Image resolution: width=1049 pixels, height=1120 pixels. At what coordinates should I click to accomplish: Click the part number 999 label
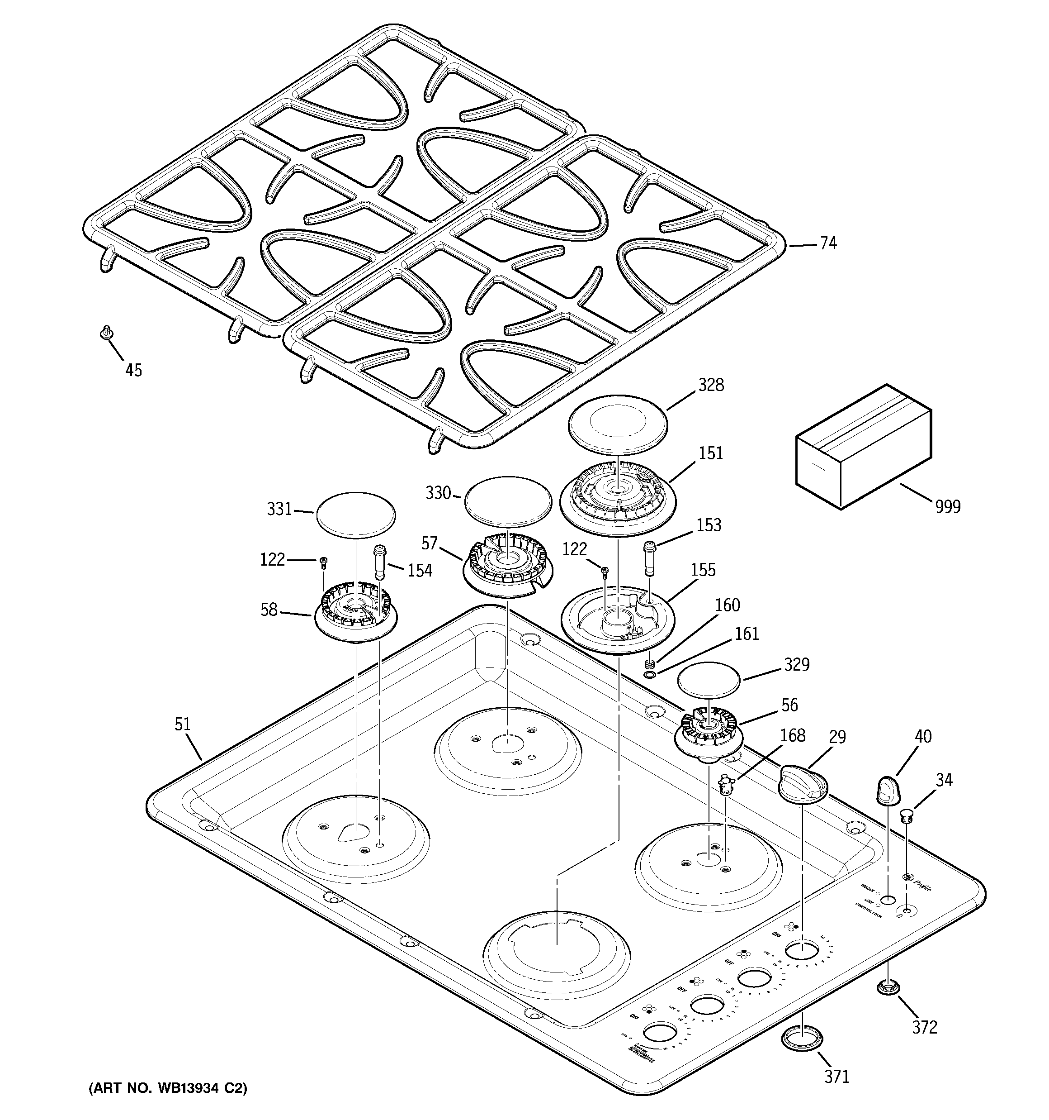(x=948, y=506)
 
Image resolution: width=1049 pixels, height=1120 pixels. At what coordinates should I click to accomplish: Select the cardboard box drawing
(x=863, y=446)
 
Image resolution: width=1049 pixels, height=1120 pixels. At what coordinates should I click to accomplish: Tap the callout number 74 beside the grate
(x=828, y=243)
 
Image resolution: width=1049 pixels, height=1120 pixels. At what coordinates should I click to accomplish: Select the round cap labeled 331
(x=356, y=513)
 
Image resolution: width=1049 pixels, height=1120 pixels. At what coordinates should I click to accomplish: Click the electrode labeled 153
(x=650, y=557)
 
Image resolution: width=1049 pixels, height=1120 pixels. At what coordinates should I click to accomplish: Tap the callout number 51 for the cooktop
(x=182, y=724)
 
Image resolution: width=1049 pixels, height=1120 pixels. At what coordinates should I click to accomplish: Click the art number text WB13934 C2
(x=168, y=1088)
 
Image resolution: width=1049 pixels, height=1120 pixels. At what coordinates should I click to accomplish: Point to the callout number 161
(x=747, y=634)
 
